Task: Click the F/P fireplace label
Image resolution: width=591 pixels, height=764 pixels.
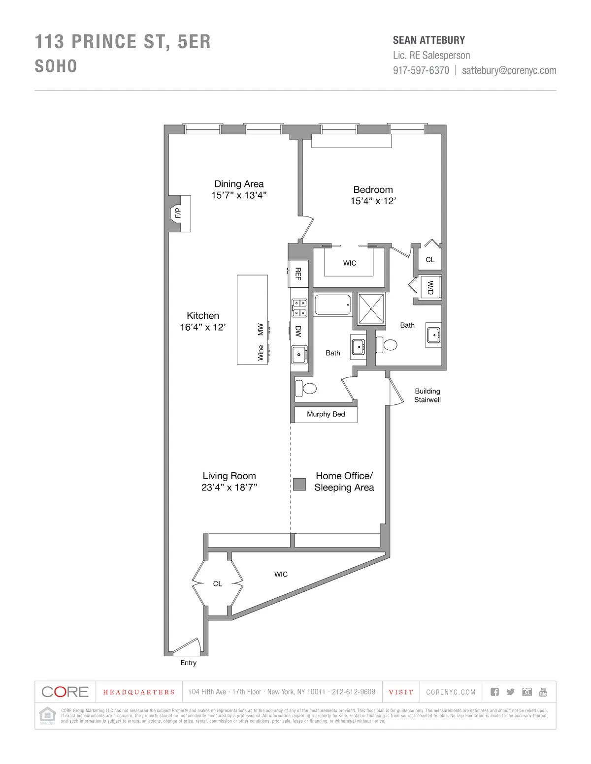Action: [178, 213]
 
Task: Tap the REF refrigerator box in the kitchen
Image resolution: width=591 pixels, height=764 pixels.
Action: [298, 274]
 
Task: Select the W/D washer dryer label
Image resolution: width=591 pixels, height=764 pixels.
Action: [430, 287]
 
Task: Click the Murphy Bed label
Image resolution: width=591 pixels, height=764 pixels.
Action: [326, 414]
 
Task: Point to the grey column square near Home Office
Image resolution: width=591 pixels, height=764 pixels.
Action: [299, 484]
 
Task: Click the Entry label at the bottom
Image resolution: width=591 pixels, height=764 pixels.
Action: [188, 663]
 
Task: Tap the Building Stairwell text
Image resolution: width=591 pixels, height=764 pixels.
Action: [427, 396]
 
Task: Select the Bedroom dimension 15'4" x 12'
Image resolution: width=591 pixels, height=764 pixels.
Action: [373, 201]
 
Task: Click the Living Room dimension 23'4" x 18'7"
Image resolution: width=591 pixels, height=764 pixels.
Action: [229, 488]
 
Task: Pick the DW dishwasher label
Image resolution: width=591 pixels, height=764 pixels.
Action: [298, 331]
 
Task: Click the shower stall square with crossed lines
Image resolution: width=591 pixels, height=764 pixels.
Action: [371, 309]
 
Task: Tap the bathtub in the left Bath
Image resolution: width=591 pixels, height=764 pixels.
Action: [333, 305]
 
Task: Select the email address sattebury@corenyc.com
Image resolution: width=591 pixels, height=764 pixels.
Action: [509, 70]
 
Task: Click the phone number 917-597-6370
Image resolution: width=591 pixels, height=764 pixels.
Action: [421, 70]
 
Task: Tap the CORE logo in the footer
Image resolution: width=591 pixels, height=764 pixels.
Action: [65, 692]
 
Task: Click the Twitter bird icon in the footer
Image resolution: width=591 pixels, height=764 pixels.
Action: [510, 692]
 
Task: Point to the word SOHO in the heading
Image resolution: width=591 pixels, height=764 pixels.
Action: [56, 66]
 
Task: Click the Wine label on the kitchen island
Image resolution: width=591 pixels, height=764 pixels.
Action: [261, 353]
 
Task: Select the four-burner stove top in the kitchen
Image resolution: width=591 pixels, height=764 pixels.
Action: [299, 308]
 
